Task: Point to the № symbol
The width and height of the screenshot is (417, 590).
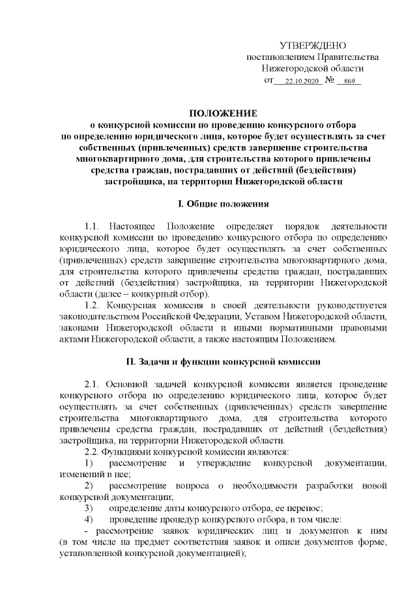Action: point(330,81)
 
